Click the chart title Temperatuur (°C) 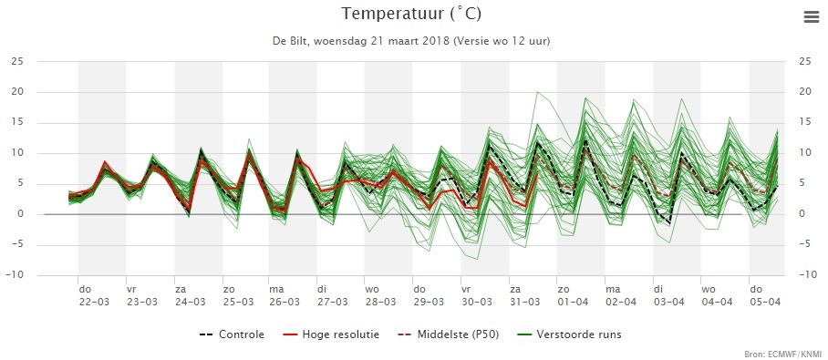pyautogui.click(x=411, y=15)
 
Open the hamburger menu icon pyautogui.click(x=811, y=17)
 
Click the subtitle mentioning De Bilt pyautogui.click(x=411, y=41)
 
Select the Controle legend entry pyautogui.click(x=232, y=334)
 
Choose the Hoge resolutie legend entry pyautogui.click(x=331, y=334)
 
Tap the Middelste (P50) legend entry pyautogui.click(x=448, y=334)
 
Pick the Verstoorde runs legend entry pyautogui.click(x=569, y=334)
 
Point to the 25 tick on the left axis pyautogui.click(x=17, y=62)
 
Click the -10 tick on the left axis pyautogui.click(x=15, y=275)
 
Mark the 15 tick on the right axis pyautogui.click(x=805, y=123)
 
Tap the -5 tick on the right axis pyautogui.click(x=804, y=244)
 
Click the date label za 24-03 pyautogui.click(x=191, y=295)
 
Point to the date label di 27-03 pyautogui.click(x=333, y=295)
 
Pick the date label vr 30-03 pyautogui.click(x=477, y=295)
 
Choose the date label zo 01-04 pyautogui.click(x=573, y=295)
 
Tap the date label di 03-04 pyautogui.click(x=669, y=295)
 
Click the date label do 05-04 pyautogui.click(x=765, y=295)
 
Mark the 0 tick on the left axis pyautogui.click(x=21, y=214)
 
